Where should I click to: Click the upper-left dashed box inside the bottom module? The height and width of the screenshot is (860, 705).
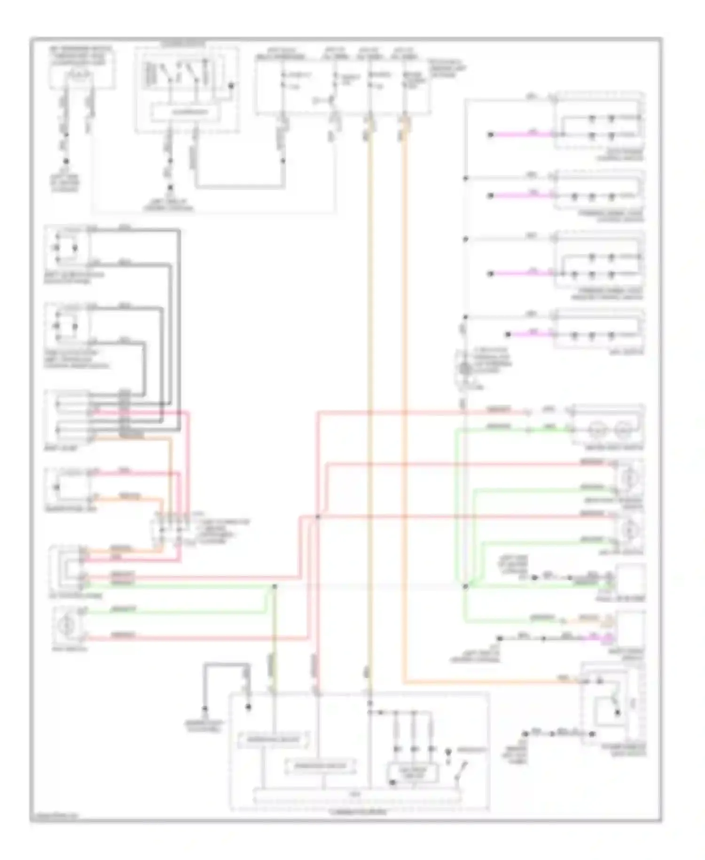[274, 740]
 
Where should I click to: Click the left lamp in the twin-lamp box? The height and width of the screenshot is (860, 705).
[595, 428]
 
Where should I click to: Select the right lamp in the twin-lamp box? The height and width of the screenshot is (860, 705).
[623, 428]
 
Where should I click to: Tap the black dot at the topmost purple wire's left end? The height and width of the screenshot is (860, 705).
[490, 135]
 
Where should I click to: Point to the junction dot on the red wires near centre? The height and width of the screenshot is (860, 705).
[318, 517]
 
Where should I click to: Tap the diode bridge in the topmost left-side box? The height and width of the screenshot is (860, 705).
[66, 247]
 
